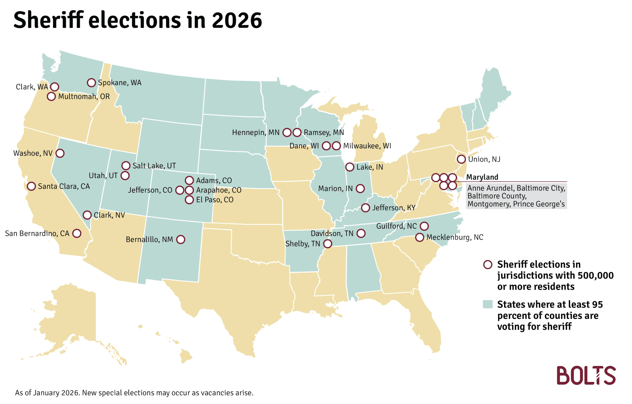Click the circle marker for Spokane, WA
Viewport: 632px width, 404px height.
pos(91,83)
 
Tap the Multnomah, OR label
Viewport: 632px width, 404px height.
pos(84,97)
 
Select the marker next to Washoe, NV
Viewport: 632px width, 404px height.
pos(60,153)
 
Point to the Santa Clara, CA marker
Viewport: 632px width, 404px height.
pos(31,187)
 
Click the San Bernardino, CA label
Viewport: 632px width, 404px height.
pos(37,234)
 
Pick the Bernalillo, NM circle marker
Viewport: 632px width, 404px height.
pos(181,240)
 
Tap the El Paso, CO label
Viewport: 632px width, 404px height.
pos(215,200)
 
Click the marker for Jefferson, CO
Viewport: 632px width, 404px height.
pos(180,190)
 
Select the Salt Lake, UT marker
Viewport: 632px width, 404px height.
pos(126,166)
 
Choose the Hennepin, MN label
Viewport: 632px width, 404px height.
pos(256,133)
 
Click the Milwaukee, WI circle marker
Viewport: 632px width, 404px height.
pos(336,146)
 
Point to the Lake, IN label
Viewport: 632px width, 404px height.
pos(370,167)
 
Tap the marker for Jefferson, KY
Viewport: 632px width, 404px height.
pos(366,208)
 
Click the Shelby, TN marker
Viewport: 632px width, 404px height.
pos(328,244)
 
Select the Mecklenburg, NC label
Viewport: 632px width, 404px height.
pos(455,237)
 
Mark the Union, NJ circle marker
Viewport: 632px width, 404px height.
pos(461,159)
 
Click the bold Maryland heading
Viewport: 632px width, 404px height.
pos(482,177)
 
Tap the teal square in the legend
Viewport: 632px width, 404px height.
pos(488,304)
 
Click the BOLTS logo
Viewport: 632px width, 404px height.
pos(586,376)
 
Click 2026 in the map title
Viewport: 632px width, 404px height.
pos(237,21)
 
